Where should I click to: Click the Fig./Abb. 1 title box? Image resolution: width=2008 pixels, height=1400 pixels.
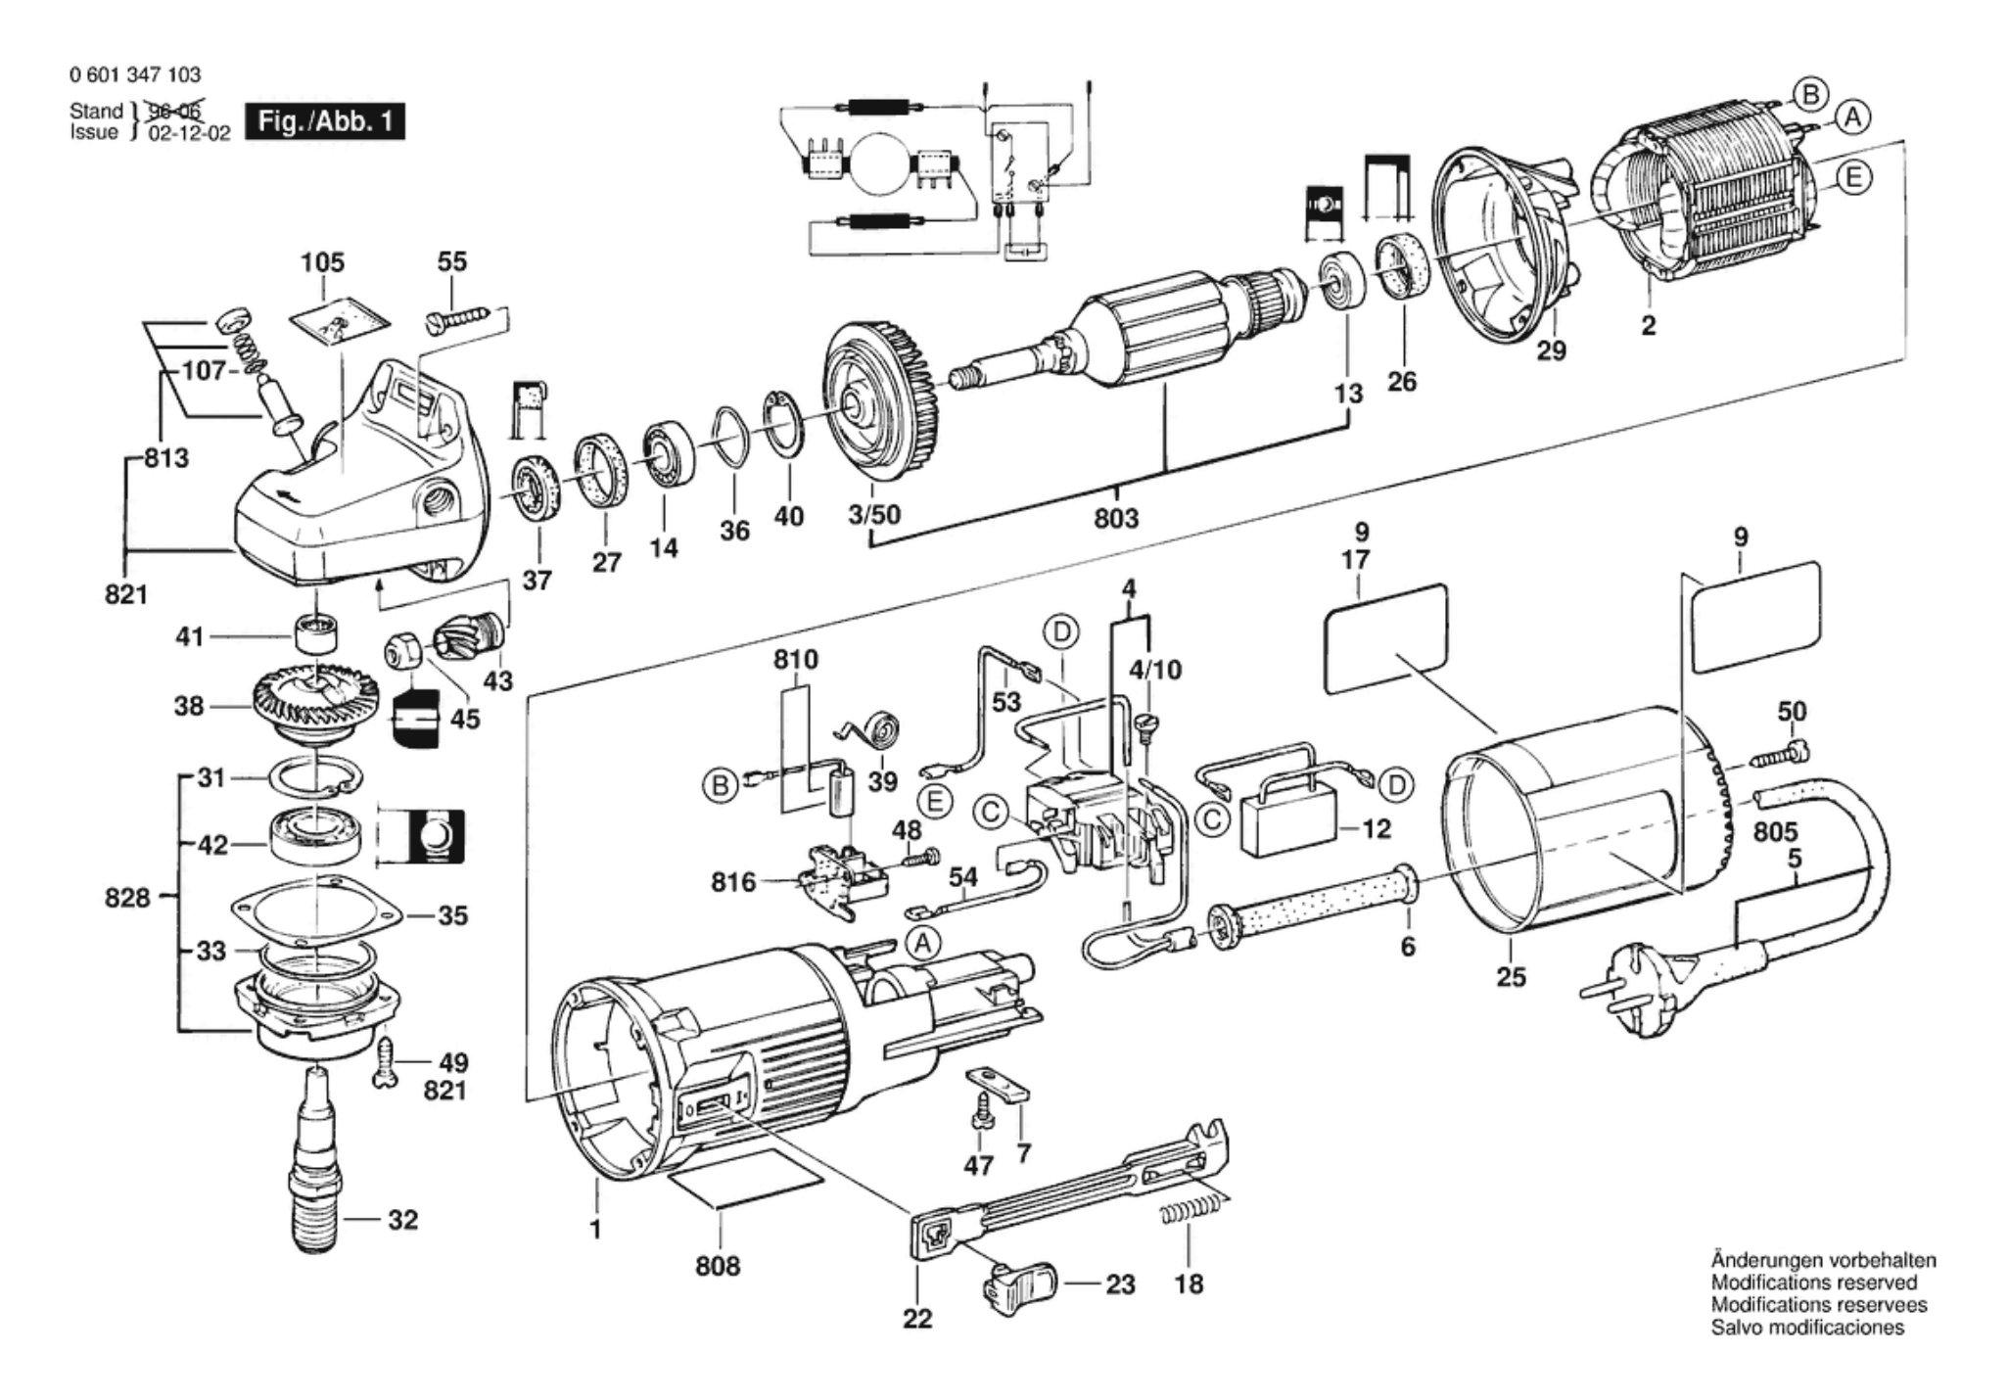click(325, 122)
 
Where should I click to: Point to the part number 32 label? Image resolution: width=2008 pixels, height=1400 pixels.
click(402, 1220)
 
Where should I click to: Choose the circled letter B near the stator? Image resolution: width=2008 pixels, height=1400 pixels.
click(1810, 95)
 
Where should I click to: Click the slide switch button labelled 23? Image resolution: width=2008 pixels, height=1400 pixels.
click(1019, 1282)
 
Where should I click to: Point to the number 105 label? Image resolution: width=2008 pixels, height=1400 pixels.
click(322, 262)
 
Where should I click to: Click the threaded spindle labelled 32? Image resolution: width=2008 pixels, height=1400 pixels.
click(316, 1165)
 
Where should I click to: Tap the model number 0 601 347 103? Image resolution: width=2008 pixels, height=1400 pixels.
click(135, 75)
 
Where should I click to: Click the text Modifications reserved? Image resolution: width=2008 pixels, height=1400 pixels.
click(1813, 1283)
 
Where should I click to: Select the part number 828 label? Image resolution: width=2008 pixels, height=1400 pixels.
click(127, 898)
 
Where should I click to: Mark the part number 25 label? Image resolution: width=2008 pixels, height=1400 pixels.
click(1511, 976)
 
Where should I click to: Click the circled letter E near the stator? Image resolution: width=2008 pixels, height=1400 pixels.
click(1851, 178)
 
